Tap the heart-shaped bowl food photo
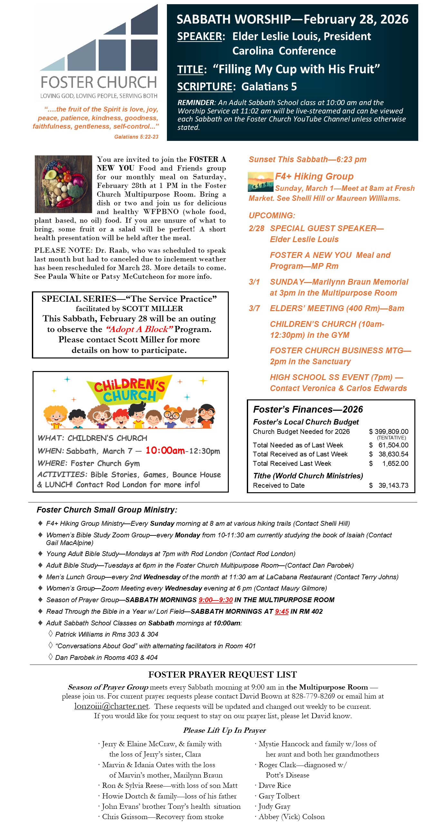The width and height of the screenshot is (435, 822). click(63, 184)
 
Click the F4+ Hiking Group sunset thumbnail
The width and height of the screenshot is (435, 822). click(260, 182)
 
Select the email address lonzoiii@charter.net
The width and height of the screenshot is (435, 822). click(111, 706)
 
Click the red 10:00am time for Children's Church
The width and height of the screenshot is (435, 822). click(165, 450)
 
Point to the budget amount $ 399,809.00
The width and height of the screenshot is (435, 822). click(389, 432)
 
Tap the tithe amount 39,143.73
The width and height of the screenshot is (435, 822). click(393, 485)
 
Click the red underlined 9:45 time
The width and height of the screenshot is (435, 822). click(282, 612)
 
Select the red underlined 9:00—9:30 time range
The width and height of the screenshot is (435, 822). click(216, 600)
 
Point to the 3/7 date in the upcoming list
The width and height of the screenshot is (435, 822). click(254, 308)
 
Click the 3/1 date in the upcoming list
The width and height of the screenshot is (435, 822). click(254, 282)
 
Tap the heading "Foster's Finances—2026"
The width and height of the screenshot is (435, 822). click(308, 409)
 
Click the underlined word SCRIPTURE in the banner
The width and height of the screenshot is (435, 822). click(205, 87)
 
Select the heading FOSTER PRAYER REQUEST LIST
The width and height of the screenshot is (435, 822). click(222, 675)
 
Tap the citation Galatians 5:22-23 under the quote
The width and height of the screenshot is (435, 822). click(136, 137)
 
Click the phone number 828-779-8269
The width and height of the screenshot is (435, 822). click(313, 696)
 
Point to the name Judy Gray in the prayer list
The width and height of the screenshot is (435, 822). click(274, 806)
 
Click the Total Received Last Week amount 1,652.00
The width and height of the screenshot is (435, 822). click(395, 464)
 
